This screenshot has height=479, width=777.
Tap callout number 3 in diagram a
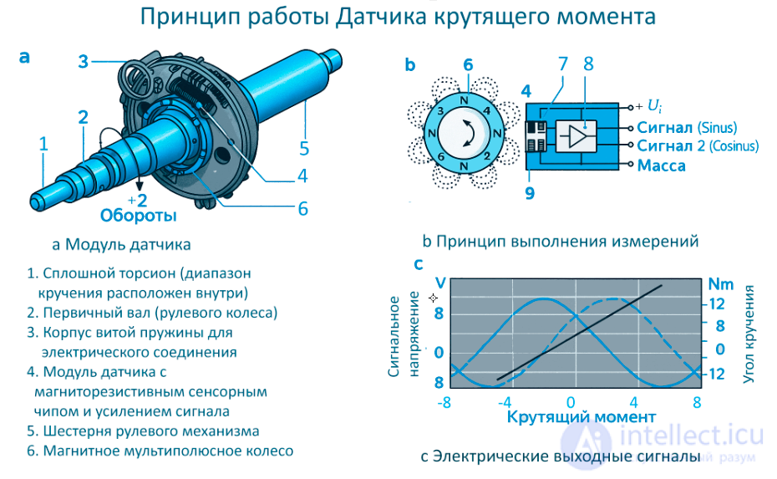[x=84, y=61]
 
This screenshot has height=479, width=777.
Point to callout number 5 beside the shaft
[x=304, y=148]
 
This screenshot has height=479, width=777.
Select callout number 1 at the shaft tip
[x=43, y=143]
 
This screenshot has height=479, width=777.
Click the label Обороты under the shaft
[x=138, y=216]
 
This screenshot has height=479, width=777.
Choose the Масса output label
[x=661, y=166]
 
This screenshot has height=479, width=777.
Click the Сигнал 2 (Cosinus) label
[x=698, y=146]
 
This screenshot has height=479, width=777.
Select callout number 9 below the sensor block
[x=529, y=193]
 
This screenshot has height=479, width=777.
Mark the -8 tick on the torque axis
[x=444, y=401]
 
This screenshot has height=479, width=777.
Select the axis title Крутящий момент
[x=570, y=416]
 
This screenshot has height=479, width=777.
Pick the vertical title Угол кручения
[x=749, y=334]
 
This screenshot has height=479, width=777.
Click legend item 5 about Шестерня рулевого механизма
[x=143, y=431]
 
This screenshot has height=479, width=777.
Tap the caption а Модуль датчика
[x=122, y=245]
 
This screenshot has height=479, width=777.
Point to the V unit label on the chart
[x=440, y=283]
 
